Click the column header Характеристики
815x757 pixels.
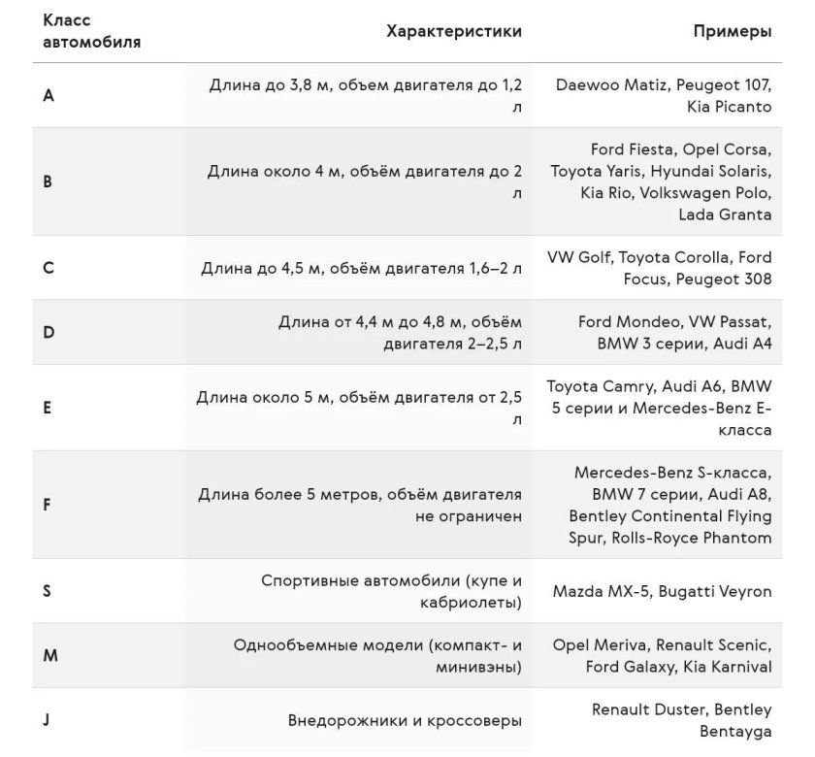coord(454,31)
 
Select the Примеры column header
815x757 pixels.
coord(733,31)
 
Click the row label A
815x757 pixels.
coord(49,95)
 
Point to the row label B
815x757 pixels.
coord(48,181)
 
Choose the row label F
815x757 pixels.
coord(48,505)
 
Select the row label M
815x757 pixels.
coord(50,655)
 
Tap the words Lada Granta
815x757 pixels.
coord(725,214)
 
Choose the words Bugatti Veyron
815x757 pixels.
coord(715,591)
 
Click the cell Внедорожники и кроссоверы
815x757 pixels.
coord(405,721)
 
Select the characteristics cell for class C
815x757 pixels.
coord(361,268)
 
